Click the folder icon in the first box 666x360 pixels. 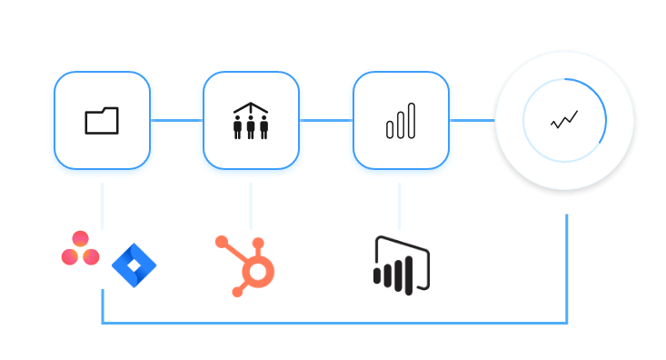tap(102, 121)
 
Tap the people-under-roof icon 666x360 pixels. tap(251, 121)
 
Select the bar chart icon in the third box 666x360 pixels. tap(401, 121)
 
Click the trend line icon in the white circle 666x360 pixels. tap(564, 120)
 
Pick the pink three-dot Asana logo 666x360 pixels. tap(80, 248)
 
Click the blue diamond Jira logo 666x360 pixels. tap(134, 265)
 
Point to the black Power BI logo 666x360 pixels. tap(401, 265)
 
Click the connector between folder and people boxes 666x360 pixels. tap(176, 120)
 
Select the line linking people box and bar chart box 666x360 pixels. tap(326, 120)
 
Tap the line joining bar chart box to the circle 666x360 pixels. tap(472, 120)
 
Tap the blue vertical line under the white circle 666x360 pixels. tap(567, 268)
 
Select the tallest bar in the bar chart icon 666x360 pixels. tap(412, 121)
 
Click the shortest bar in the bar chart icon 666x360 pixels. tap(390, 130)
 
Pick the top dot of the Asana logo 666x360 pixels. tap(80, 238)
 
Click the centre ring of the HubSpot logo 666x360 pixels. tap(258, 272)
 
